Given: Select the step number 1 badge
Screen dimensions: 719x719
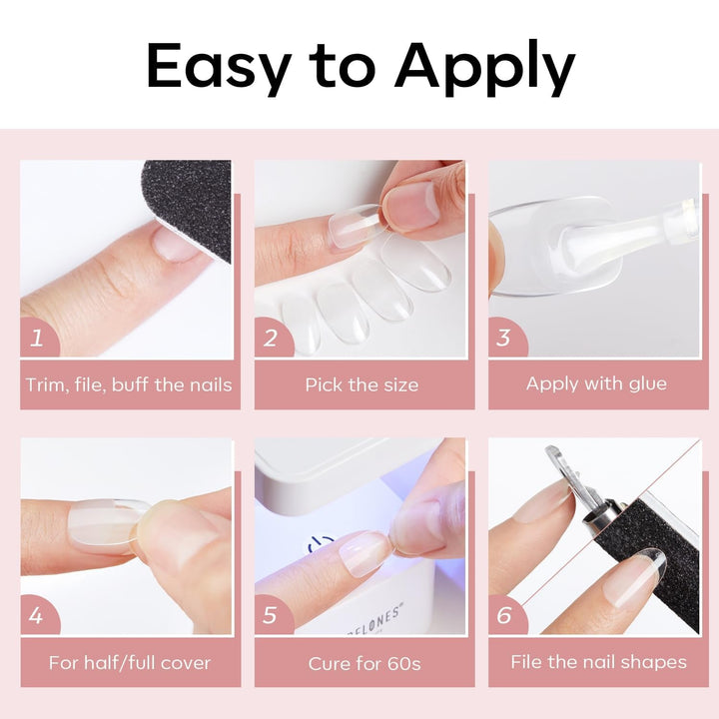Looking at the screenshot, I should [38, 338].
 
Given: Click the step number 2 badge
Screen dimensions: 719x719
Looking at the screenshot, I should [272, 338].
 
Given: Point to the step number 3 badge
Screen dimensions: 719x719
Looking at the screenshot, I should [505, 338].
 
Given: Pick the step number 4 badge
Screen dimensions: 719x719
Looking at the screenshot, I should [38, 615].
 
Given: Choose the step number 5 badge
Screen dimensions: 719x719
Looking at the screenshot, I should [272, 615].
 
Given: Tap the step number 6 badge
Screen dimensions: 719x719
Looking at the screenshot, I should [505, 615].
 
